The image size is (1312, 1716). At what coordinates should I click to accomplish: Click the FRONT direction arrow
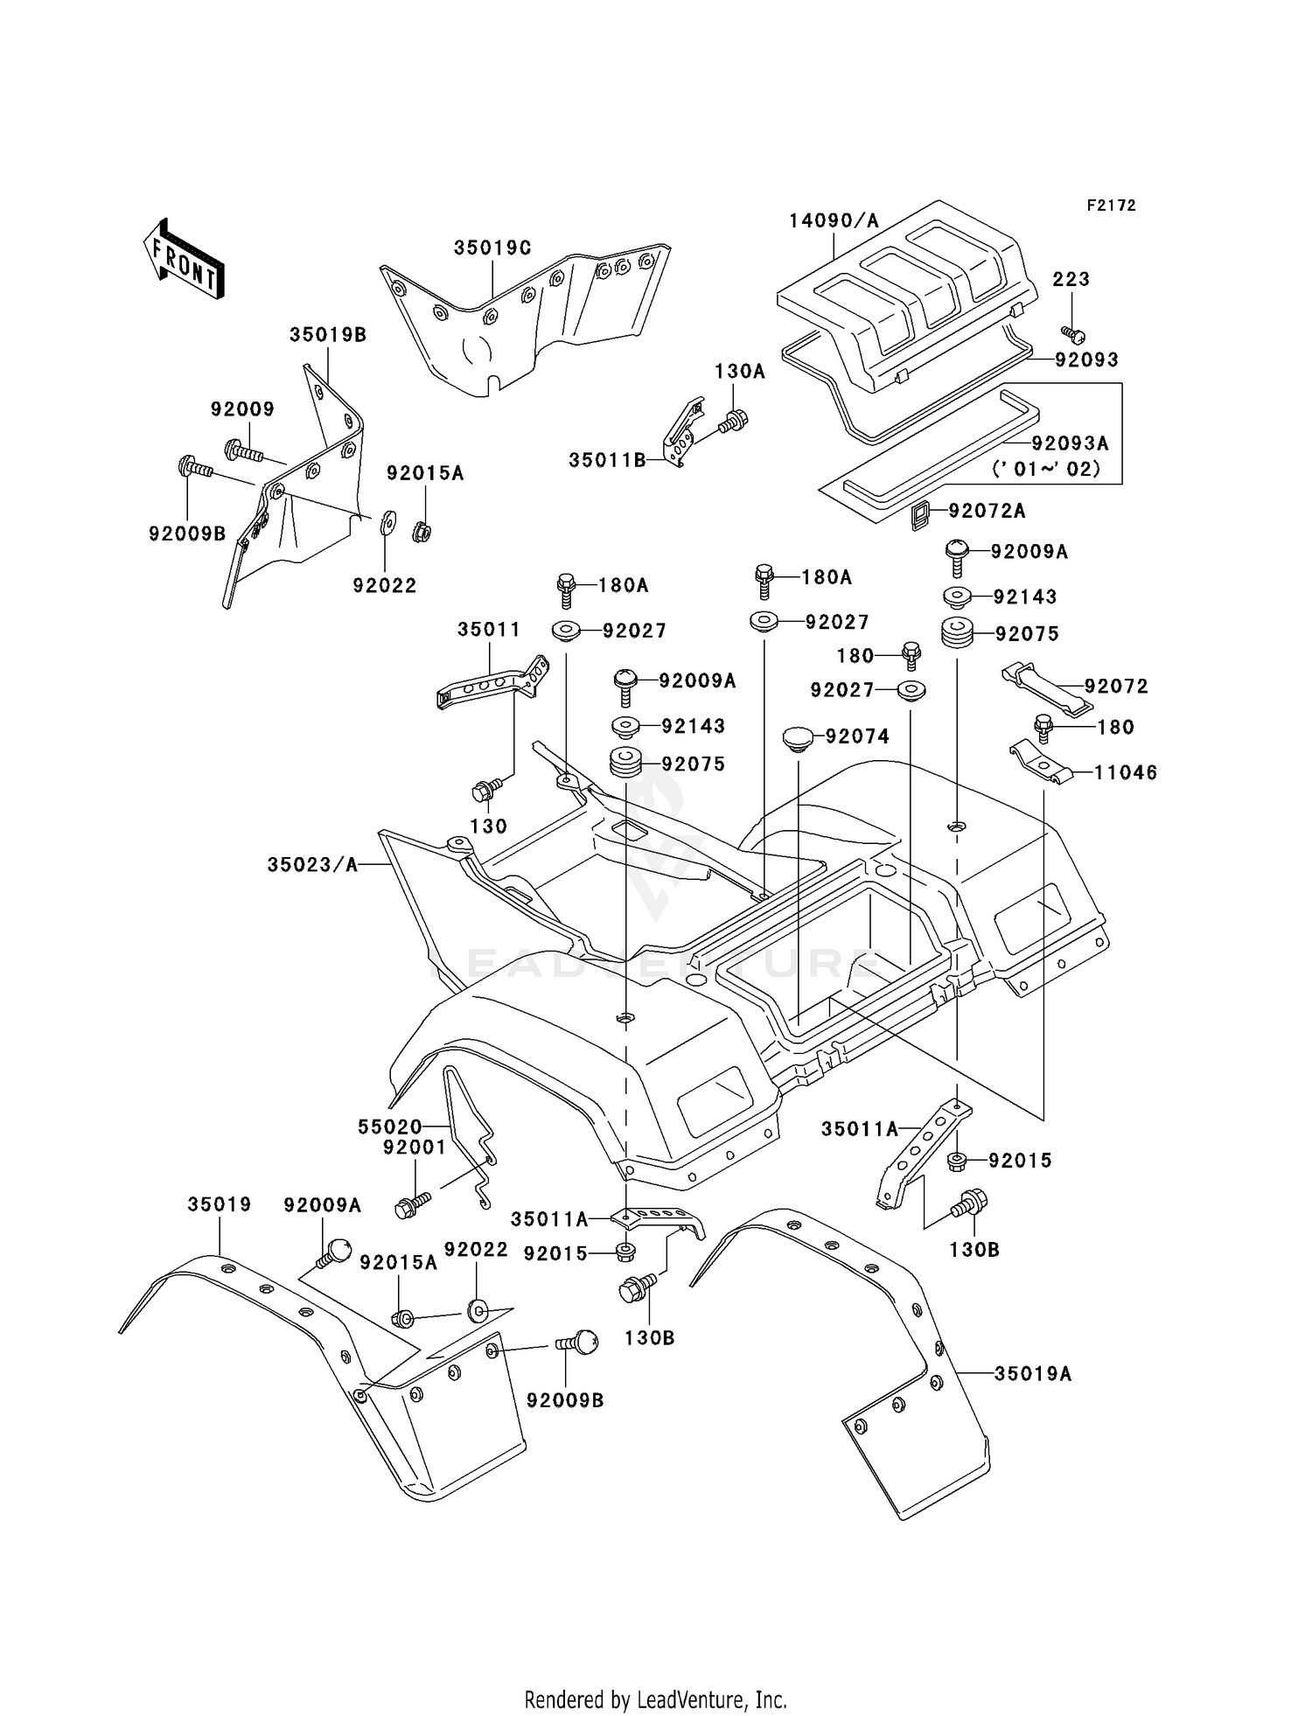184,261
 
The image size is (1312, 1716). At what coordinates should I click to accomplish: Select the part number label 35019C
492,248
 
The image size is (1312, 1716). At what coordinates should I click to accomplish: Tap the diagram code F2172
1111,206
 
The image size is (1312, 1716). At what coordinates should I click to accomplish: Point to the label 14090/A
834,220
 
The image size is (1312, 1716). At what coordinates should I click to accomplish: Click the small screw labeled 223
1075,333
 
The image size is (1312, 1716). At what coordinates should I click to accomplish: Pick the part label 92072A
987,511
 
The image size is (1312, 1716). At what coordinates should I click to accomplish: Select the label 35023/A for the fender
312,865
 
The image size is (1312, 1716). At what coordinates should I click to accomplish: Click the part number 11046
1126,772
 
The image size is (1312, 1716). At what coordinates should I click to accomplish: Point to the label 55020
390,1127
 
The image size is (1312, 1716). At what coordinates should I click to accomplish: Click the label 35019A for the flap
1032,1374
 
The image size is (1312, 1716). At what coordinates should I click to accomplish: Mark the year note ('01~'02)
1046,469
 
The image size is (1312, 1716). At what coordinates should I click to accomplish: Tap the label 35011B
607,460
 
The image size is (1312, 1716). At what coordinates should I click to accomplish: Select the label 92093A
1070,443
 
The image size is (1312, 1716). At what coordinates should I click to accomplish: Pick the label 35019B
328,334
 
